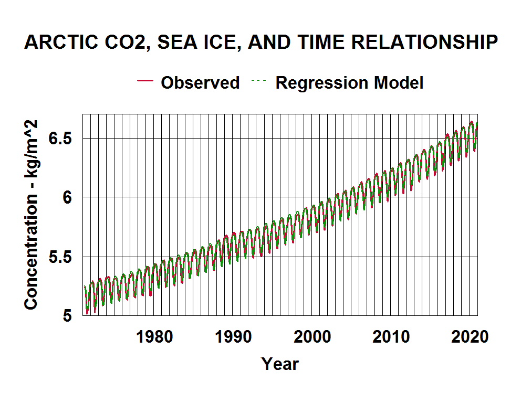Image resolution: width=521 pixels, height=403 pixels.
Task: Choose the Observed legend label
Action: pos(200,82)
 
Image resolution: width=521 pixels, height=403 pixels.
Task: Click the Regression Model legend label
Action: pos(349,82)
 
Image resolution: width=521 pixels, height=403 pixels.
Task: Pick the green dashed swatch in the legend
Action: pos(260,81)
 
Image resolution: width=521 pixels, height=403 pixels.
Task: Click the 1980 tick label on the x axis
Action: pos(154,336)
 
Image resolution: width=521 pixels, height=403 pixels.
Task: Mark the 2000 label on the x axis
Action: pos(313,336)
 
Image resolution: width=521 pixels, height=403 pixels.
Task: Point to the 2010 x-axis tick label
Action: pos(391,336)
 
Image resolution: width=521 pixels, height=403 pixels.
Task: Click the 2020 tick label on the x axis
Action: pos(471,336)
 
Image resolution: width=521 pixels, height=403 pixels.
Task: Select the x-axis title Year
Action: pos(280,364)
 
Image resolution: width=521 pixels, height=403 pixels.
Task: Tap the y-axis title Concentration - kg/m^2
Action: pos(32,214)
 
